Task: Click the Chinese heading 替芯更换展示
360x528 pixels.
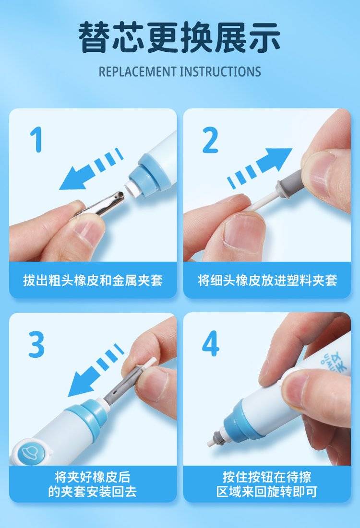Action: pos(180,36)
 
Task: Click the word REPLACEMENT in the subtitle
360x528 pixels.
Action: pos(137,72)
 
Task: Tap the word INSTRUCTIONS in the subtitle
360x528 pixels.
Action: pos(220,72)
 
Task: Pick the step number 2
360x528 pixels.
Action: pos(210,140)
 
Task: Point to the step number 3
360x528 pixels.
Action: pos(36,344)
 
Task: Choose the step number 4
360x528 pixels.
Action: pos(211,344)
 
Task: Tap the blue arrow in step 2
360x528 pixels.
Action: pos(260,167)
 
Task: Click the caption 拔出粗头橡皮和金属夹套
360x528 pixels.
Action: pos(93,280)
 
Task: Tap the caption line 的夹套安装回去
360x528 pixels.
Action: pos(93,492)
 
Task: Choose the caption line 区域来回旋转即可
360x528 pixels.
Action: pos(267,492)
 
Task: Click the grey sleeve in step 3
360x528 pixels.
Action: pos(121,385)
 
